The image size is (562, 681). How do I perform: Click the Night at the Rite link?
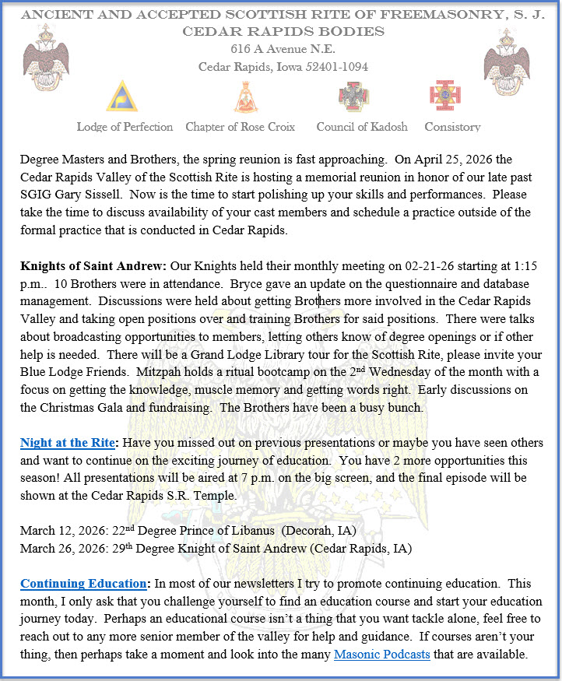(x=67, y=443)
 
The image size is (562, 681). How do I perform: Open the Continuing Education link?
(x=83, y=583)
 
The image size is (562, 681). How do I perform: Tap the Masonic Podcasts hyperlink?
(x=381, y=655)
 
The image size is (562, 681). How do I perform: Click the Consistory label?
(x=452, y=127)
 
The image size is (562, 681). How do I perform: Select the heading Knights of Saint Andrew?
(x=79, y=265)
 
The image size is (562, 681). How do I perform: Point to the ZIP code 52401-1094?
(x=335, y=67)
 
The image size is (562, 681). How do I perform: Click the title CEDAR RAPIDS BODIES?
(x=283, y=31)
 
